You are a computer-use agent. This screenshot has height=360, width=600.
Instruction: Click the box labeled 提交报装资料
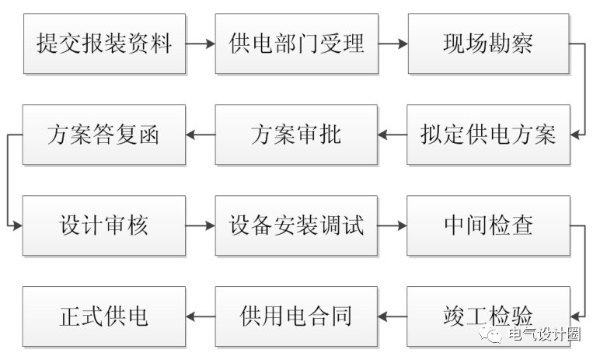point(104,44)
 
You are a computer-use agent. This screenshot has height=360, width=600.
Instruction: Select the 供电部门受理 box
point(296,44)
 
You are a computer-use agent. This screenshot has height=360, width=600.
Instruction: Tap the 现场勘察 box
point(488,44)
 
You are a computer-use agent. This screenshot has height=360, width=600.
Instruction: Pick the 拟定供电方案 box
point(488,135)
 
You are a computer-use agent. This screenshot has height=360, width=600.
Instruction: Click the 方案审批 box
point(296,135)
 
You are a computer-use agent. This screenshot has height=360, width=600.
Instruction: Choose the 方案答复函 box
point(104,135)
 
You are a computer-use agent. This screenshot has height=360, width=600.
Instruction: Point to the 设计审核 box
point(104,225)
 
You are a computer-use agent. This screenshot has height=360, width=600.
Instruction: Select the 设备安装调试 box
point(296,225)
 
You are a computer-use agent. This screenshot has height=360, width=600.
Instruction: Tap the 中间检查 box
point(488,225)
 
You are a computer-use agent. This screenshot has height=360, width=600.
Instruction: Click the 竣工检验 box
point(488,316)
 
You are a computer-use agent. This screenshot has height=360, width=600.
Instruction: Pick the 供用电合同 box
point(296,316)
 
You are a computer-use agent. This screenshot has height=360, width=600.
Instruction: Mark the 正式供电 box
point(104,316)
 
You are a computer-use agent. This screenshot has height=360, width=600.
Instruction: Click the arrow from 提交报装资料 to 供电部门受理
point(201,44)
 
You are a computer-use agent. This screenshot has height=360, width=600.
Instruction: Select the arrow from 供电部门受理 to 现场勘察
point(392,44)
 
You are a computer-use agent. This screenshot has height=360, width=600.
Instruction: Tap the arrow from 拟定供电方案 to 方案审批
point(392,135)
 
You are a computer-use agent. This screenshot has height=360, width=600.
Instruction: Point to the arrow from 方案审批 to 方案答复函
point(201,135)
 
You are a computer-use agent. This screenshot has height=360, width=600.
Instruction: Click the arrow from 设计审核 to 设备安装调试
point(201,226)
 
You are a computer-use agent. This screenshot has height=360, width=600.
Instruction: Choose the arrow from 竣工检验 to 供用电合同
point(392,317)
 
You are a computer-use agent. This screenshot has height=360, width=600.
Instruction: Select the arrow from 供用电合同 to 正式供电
point(201,317)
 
